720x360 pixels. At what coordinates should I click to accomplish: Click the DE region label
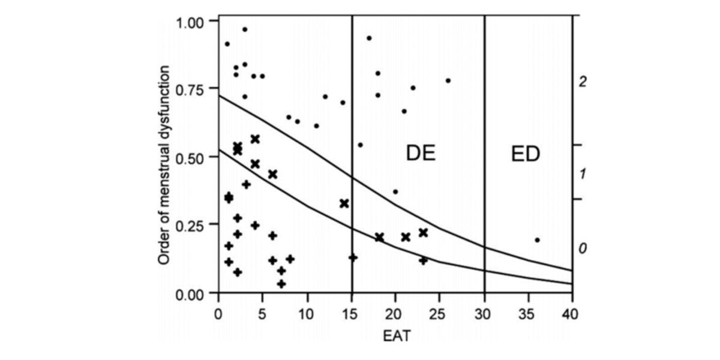[x=421, y=154]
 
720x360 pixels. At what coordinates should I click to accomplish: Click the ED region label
[x=526, y=154]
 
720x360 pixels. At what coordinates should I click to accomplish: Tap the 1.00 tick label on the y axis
[x=191, y=22]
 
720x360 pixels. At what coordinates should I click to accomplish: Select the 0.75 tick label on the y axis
[x=191, y=88]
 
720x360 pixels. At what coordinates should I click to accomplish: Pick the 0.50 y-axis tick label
[x=191, y=157]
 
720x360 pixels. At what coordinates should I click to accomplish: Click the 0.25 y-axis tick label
[x=191, y=224]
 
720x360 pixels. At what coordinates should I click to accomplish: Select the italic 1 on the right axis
[x=581, y=175]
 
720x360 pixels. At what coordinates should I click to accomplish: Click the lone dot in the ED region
[x=537, y=240]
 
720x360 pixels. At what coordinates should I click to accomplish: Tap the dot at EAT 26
[x=448, y=80]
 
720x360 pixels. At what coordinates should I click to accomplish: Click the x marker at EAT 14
[x=344, y=203]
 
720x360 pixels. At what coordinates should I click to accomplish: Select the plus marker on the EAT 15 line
[x=353, y=257]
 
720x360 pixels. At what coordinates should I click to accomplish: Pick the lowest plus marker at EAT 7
[x=281, y=283]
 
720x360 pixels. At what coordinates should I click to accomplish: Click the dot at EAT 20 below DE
[x=395, y=192]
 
